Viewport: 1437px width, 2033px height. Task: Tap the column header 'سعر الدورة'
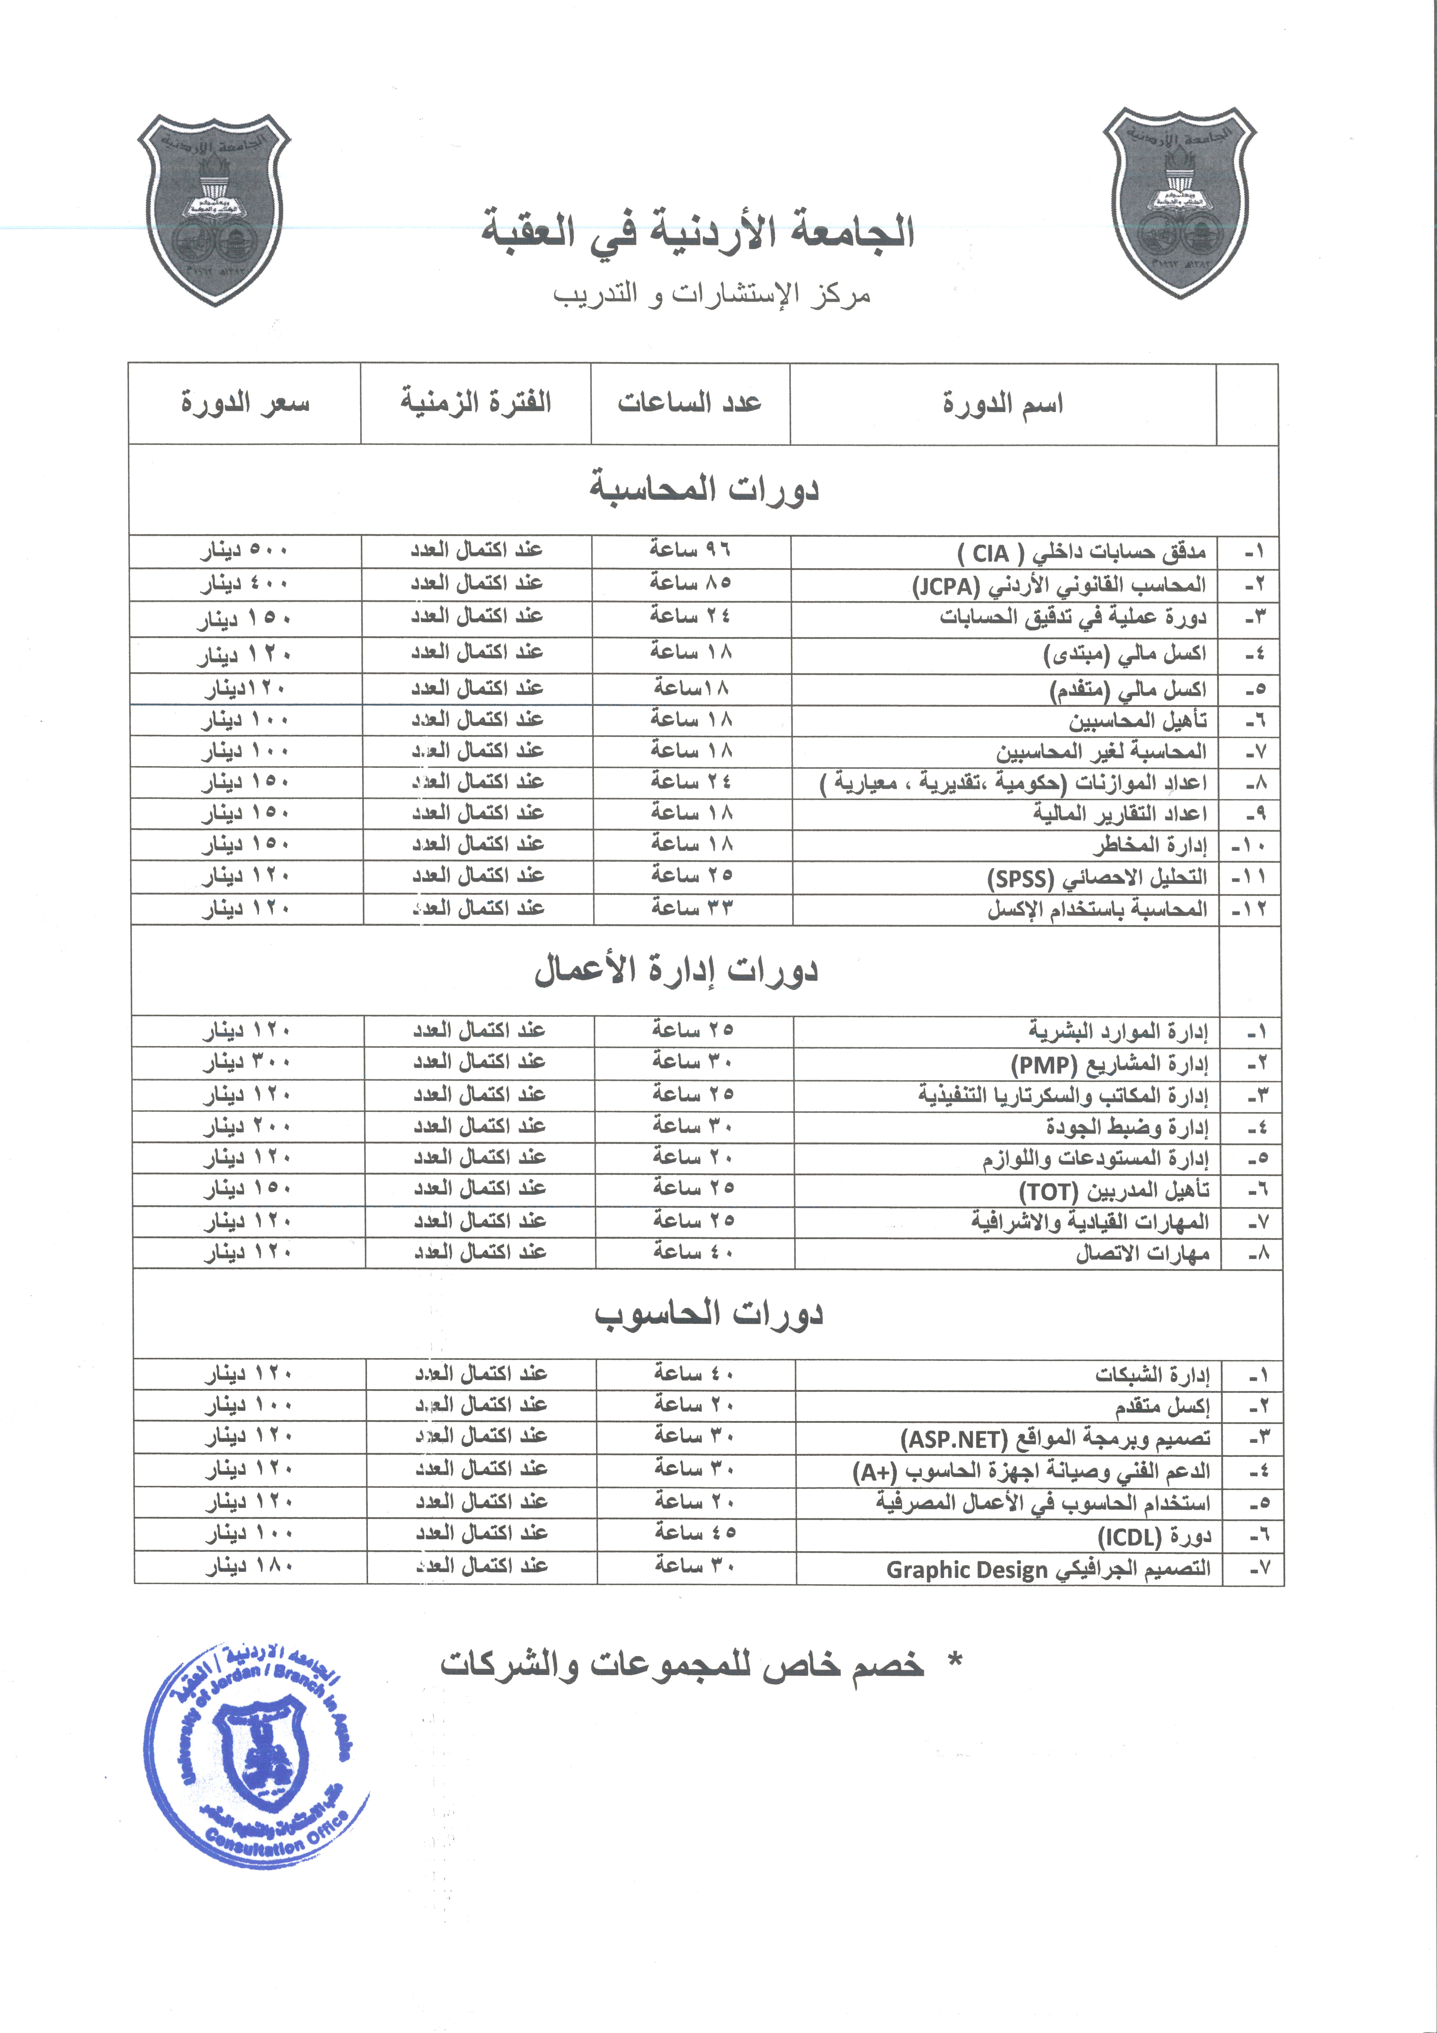[x=245, y=404]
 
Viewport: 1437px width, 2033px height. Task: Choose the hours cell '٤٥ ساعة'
[x=695, y=1533]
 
